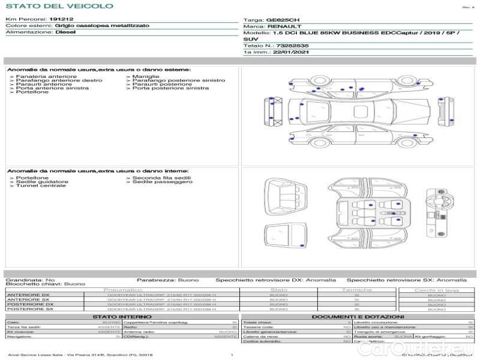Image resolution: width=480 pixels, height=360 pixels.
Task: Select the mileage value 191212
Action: click(62, 20)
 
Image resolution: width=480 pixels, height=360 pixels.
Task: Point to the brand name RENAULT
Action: click(281, 27)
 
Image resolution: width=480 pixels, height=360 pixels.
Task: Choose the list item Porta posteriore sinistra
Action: click(170, 88)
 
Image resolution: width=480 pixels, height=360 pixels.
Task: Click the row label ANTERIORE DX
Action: click(28, 295)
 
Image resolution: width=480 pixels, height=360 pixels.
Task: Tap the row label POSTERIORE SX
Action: click(30, 309)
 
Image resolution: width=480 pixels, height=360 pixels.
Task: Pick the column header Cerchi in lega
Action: click(436, 290)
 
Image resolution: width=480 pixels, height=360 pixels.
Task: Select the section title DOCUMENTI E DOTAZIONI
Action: click(358, 316)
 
